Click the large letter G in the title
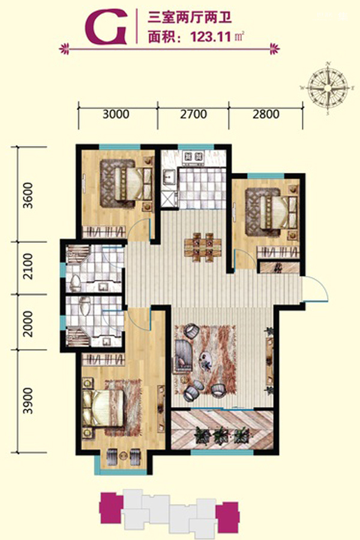106,27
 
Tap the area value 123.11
211,36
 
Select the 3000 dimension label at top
116,114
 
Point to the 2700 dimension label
193,114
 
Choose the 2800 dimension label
266,114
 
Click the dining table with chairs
202,247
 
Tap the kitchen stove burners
194,157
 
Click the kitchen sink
169,178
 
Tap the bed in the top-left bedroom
133,184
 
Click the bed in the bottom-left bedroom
103,408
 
